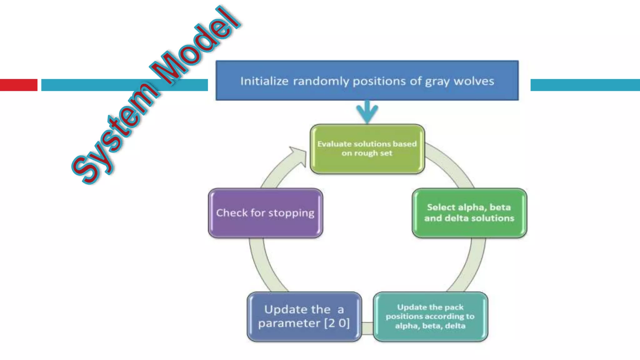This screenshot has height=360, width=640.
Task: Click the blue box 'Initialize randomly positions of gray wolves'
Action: click(367, 81)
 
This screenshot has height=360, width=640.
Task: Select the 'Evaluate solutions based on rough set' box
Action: click(367, 149)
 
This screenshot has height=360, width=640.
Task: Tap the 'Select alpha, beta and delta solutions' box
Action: click(469, 213)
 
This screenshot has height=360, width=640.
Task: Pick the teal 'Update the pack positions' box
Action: click(430, 317)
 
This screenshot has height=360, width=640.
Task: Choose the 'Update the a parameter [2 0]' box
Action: click(304, 317)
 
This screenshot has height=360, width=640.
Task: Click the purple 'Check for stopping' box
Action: click(265, 213)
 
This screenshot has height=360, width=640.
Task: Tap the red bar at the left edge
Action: click(18, 85)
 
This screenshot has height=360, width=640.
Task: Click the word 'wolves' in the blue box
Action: click(474, 81)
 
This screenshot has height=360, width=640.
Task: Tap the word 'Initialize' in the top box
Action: click(264, 81)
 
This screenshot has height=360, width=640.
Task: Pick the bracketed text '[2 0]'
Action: click(337, 323)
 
